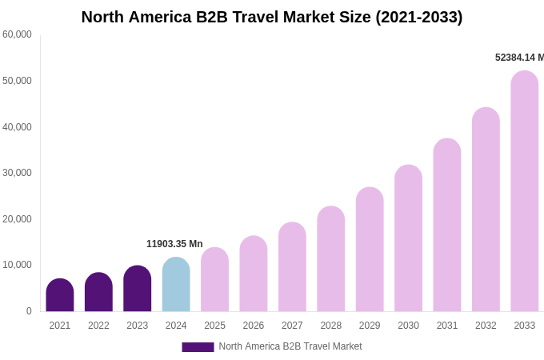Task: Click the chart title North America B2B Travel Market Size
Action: click(272, 17)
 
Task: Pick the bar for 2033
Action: click(524, 192)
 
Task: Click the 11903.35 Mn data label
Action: click(174, 244)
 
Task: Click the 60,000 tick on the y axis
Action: click(17, 34)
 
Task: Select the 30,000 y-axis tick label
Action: click(17, 173)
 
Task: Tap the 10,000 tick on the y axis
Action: click(17, 265)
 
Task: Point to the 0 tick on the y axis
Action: click(29, 311)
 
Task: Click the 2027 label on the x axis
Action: click(292, 326)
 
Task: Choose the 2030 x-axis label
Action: click(408, 326)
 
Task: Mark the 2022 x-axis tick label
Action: click(98, 326)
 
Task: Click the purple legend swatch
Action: click(198, 347)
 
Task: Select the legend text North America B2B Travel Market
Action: click(290, 346)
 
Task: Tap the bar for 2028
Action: click(330, 259)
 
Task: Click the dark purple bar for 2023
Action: click(138, 289)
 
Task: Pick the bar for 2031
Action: click(447, 226)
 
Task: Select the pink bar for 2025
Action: click(214, 280)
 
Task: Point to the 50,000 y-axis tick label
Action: click(17, 81)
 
